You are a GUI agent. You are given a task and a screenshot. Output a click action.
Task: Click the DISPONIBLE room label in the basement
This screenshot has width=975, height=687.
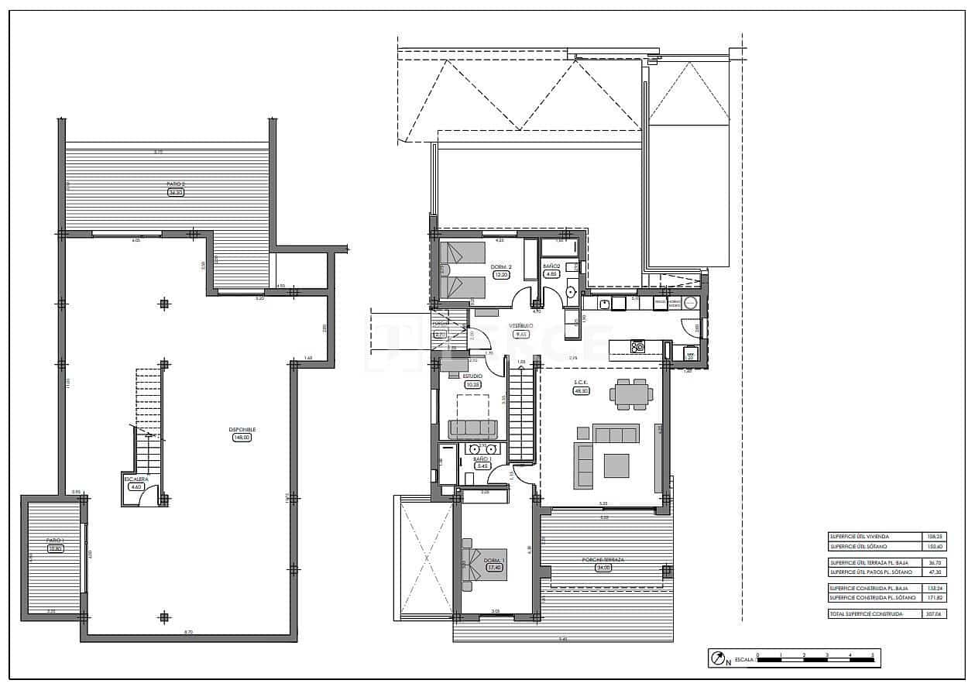(x=242, y=429)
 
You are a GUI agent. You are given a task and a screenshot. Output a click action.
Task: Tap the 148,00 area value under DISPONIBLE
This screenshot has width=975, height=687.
(x=242, y=438)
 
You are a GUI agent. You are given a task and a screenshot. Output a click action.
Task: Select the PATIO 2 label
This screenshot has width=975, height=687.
(x=175, y=184)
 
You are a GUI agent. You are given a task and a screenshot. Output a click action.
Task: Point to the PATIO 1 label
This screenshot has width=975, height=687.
(x=53, y=541)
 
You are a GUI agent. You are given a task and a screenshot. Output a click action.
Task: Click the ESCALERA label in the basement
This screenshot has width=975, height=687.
(x=136, y=479)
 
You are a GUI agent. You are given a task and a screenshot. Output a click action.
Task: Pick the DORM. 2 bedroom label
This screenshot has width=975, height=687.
(x=501, y=266)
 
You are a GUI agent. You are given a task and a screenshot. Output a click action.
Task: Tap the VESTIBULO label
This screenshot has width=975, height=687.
(x=521, y=326)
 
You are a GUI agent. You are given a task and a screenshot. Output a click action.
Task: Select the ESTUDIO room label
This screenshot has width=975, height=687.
(x=472, y=376)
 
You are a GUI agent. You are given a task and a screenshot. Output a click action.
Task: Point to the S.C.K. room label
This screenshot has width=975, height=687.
(x=581, y=383)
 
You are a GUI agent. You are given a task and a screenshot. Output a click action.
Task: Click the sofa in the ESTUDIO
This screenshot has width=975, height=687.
(x=472, y=428)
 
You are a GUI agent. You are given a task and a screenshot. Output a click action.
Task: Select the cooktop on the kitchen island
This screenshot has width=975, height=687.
(x=638, y=346)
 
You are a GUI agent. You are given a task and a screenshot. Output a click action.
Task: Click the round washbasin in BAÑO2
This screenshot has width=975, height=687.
(x=572, y=292)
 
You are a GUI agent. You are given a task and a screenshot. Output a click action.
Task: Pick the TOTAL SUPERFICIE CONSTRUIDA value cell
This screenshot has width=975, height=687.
(x=935, y=613)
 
